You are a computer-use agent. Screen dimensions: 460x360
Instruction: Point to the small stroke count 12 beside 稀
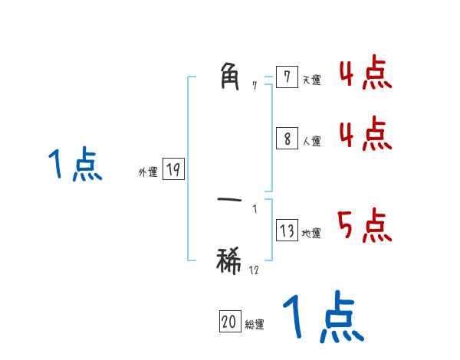coord(254,270)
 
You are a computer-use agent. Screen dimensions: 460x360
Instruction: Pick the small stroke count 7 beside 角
coord(255,85)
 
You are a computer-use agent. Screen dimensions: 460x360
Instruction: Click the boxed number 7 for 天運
coord(287,77)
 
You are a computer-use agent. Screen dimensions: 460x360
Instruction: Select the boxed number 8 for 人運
coord(287,139)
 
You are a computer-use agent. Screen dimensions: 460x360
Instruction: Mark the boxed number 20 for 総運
coord(229,322)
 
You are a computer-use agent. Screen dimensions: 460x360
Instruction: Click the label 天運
coord(311,80)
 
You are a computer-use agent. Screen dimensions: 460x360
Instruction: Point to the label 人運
coord(311,142)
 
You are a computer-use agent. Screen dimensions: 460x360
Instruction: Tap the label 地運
coord(311,234)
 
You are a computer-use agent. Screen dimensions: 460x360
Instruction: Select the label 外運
coord(147,172)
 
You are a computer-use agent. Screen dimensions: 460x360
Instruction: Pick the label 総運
coord(254,325)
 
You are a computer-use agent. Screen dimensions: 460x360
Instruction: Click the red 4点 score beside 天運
coord(365,74)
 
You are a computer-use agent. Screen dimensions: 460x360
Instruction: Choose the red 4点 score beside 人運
coord(365,135)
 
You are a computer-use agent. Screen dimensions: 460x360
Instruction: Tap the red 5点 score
coord(365,226)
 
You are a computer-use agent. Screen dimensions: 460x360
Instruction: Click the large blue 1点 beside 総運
coord(323,318)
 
